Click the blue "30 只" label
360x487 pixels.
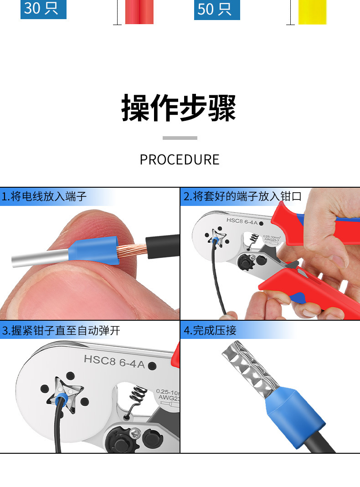[x=43, y=9]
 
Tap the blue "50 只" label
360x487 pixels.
[x=217, y=9]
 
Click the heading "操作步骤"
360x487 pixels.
[x=179, y=108]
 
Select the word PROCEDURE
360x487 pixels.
[x=180, y=159]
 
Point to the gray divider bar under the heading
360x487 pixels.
[x=180, y=138]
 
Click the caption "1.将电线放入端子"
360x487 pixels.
[x=44, y=196]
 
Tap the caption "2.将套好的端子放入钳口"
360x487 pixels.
[x=242, y=196]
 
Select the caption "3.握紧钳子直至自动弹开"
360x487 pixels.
[x=61, y=330]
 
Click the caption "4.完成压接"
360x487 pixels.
[x=210, y=330]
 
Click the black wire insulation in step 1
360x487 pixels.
[x=162, y=246]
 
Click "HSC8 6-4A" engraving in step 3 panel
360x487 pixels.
[x=114, y=362]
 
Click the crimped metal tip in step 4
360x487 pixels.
[x=250, y=366]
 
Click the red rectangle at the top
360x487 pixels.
[x=139, y=12]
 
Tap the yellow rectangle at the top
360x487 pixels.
[x=313, y=12]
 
